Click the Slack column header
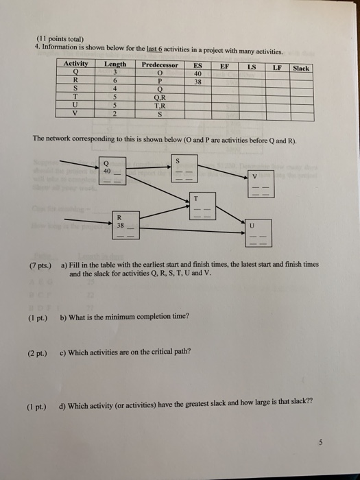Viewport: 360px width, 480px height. click(301, 68)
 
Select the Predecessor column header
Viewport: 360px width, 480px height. click(160, 64)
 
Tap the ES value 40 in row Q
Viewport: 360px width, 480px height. click(197, 73)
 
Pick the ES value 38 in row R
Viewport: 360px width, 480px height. click(197, 81)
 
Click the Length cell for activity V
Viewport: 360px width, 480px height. click(115, 115)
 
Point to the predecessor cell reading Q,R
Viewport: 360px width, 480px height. click(160, 97)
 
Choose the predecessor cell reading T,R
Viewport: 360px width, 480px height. click(160, 106)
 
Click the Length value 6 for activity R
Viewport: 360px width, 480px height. click(115, 80)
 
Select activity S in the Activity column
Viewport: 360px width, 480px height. click(75, 89)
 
